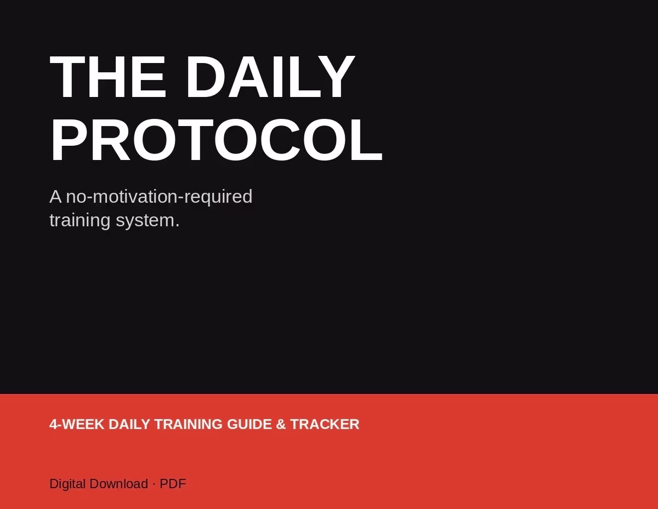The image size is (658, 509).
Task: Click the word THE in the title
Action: click(108, 77)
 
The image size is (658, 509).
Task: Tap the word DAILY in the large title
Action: click(270, 77)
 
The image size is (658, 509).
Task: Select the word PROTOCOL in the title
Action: click(216, 140)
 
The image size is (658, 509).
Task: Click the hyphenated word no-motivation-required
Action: click(159, 197)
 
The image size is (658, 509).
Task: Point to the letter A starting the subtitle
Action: click(55, 197)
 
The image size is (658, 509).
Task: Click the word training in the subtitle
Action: click(80, 220)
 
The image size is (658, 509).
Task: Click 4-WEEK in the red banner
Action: click(77, 424)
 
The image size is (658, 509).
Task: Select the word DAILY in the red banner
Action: click(129, 424)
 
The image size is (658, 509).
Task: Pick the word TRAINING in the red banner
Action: click(188, 424)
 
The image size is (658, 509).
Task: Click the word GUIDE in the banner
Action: click(249, 424)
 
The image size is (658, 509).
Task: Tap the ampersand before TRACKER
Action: click(281, 424)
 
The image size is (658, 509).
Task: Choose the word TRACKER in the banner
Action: click(325, 424)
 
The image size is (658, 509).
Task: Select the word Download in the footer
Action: click(119, 484)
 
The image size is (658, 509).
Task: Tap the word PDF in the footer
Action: click(173, 484)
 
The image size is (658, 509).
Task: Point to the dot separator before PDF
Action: click(154, 484)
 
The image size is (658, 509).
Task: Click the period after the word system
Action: click(178, 226)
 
